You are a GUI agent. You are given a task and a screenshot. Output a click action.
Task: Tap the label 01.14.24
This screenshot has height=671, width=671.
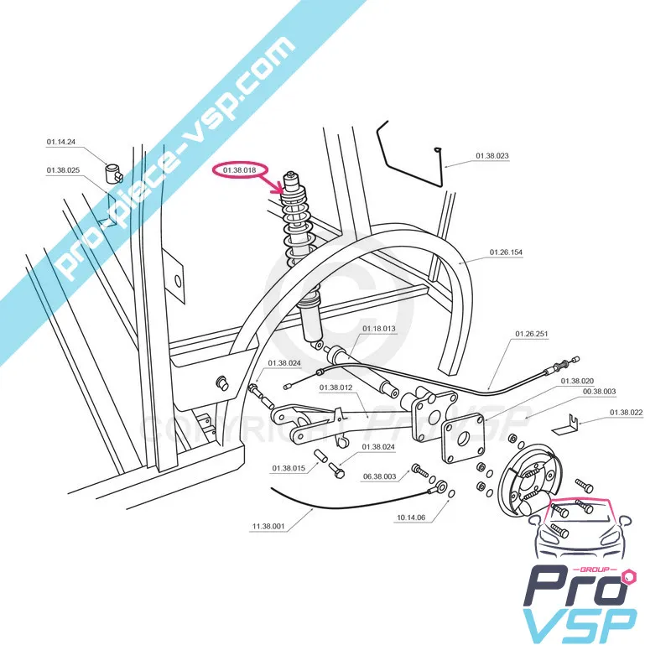61,143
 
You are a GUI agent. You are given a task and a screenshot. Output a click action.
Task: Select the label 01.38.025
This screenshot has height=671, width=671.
63,170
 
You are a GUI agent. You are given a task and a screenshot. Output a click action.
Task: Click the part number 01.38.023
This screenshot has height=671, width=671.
492,156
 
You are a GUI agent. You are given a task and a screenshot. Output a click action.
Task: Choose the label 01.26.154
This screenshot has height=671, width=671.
506,252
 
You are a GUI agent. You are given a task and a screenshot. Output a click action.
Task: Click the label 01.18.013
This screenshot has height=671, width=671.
379,330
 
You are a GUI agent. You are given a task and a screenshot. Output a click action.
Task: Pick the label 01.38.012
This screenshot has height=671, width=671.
335,388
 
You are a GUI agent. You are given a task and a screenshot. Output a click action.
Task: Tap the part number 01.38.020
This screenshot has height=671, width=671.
577,380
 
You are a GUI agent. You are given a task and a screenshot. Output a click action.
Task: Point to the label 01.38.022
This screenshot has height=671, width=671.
626,412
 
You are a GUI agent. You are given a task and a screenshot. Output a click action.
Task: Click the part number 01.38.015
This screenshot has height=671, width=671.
288,468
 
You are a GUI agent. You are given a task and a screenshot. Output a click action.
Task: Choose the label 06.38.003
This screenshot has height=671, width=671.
379,476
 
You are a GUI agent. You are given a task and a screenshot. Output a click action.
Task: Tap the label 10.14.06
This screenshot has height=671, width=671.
410,518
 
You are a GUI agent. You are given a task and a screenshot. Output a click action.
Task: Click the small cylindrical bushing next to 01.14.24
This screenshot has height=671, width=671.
113,172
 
